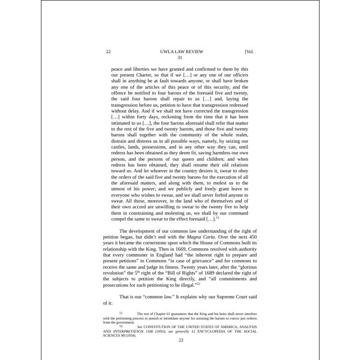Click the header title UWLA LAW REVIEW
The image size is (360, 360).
point(178,51)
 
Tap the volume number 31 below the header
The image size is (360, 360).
point(180,57)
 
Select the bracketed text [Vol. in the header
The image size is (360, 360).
point(249,51)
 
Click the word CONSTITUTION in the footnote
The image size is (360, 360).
point(166,327)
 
